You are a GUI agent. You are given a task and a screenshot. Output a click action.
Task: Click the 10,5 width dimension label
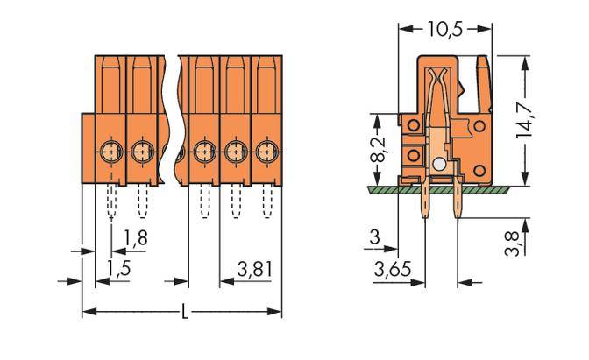pyautogui.click(x=444, y=29)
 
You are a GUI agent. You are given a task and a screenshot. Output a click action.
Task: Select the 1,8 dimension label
pyautogui.click(x=135, y=236)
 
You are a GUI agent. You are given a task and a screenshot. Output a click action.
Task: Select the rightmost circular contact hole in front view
pyautogui.click(x=265, y=151)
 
